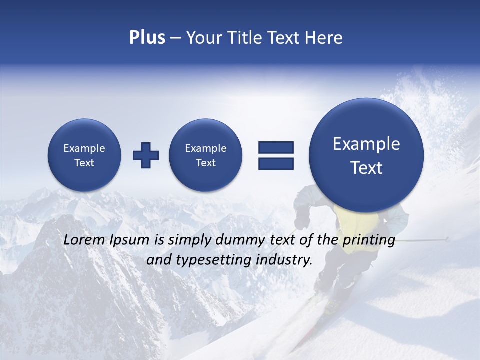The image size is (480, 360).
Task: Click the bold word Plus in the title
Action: pos(147,38)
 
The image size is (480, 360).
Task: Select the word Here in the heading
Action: pos(322,38)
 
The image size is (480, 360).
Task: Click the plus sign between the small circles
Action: pos(146,155)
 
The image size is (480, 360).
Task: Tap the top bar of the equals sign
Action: pos(276,147)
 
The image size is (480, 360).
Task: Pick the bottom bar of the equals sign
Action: pos(276,163)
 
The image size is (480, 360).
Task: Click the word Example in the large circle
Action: pos(366,144)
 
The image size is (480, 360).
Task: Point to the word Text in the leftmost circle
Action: pos(84,163)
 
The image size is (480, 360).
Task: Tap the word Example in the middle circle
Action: pos(205,148)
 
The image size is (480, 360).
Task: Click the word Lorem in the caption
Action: pos(82,240)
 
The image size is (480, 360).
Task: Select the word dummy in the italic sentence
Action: pos(241,240)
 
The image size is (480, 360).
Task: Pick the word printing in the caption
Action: pos(368,240)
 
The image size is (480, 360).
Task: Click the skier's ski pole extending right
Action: pos(425,240)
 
